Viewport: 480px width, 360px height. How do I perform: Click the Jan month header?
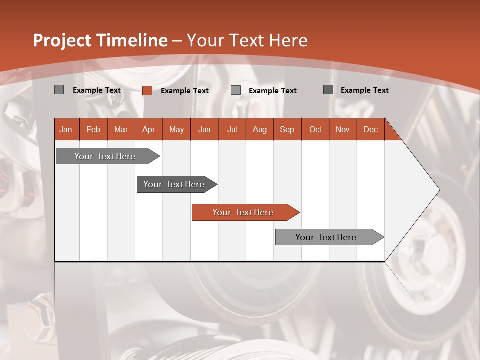pos(66,129)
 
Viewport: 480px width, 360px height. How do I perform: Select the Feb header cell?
pos(93,129)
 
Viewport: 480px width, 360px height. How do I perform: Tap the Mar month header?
pos(121,129)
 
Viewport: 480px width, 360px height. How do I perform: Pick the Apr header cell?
pos(149,129)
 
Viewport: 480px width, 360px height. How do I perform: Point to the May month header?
pos(176,129)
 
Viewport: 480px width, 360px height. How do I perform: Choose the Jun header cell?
pos(204,129)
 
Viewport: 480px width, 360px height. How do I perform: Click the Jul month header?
pos(232,129)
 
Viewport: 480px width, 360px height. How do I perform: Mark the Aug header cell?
pos(260,129)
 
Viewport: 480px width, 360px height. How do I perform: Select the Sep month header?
pos(287,129)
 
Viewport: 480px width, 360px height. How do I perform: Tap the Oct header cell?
pos(315,129)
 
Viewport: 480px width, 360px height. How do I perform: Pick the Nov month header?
pos(343,129)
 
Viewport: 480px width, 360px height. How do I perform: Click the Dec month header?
pos(371,129)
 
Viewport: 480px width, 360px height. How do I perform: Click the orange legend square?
pos(147,90)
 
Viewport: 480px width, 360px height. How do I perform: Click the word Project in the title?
pos(62,40)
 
